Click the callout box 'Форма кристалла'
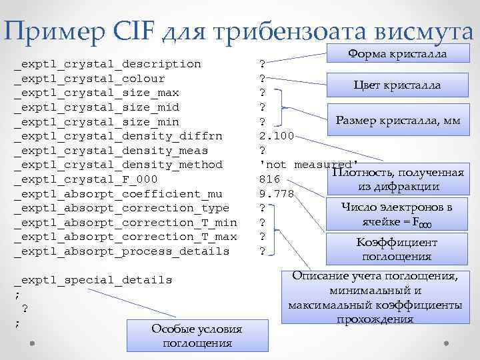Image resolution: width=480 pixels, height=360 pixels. click(x=398, y=54)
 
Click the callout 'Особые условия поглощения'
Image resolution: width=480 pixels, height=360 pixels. click(x=197, y=336)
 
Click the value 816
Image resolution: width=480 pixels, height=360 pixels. click(x=269, y=179)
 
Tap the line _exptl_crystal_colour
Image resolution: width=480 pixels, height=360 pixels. click(x=89, y=79)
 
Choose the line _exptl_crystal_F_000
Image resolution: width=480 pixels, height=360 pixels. click(x=86, y=179)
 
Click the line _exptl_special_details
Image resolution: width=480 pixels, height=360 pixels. click(x=93, y=280)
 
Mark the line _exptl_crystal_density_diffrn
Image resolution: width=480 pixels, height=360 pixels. click(x=118, y=136)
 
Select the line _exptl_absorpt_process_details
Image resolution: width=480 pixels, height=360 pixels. click(x=121, y=251)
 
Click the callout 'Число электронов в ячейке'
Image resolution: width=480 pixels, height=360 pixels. click(x=397, y=213)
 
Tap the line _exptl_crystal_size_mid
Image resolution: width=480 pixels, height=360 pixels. click(x=97, y=107)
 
